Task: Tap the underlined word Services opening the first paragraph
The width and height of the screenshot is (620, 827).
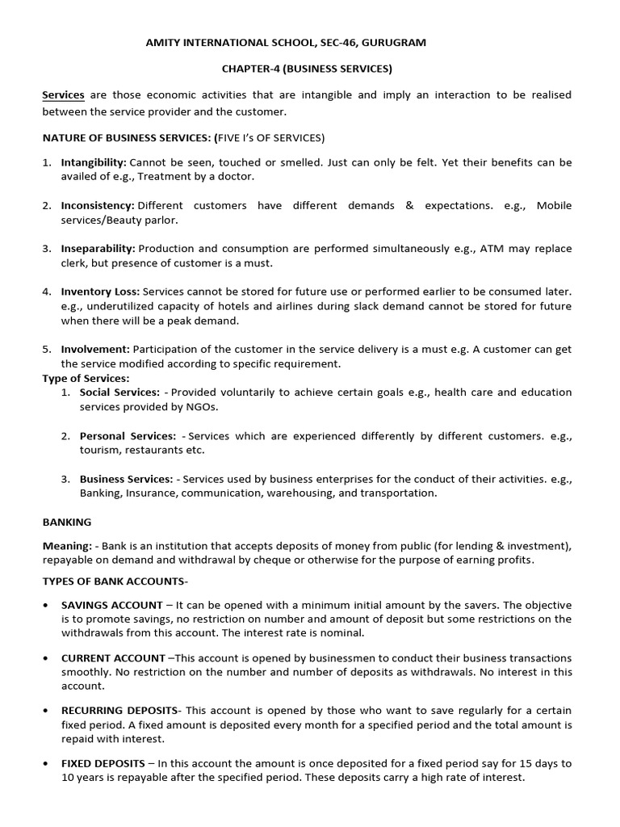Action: (63, 95)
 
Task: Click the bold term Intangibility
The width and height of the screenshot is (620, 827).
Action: (94, 162)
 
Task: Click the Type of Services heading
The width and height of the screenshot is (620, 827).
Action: (86, 378)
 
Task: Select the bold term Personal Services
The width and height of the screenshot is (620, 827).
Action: (128, 436)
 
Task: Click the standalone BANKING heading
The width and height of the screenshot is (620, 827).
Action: (67, 523)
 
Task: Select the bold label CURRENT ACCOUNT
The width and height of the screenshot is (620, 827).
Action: (115, 658)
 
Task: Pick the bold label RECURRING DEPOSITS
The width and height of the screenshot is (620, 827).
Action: (119, 710)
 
